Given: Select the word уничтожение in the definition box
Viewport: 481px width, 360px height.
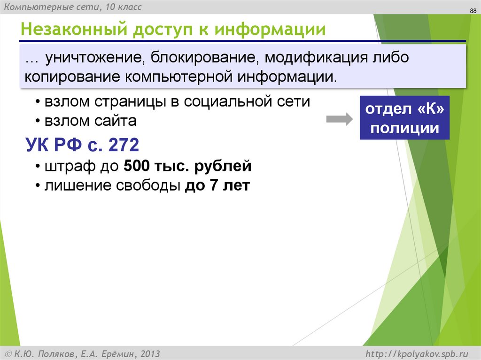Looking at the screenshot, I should pyautogui.click(x=94, y=58).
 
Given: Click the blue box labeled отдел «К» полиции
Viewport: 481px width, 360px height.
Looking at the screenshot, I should pyautogui.click(x=404, y=118).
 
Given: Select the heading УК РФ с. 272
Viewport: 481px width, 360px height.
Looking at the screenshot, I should pyautogui.click(x=82, y=146).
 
